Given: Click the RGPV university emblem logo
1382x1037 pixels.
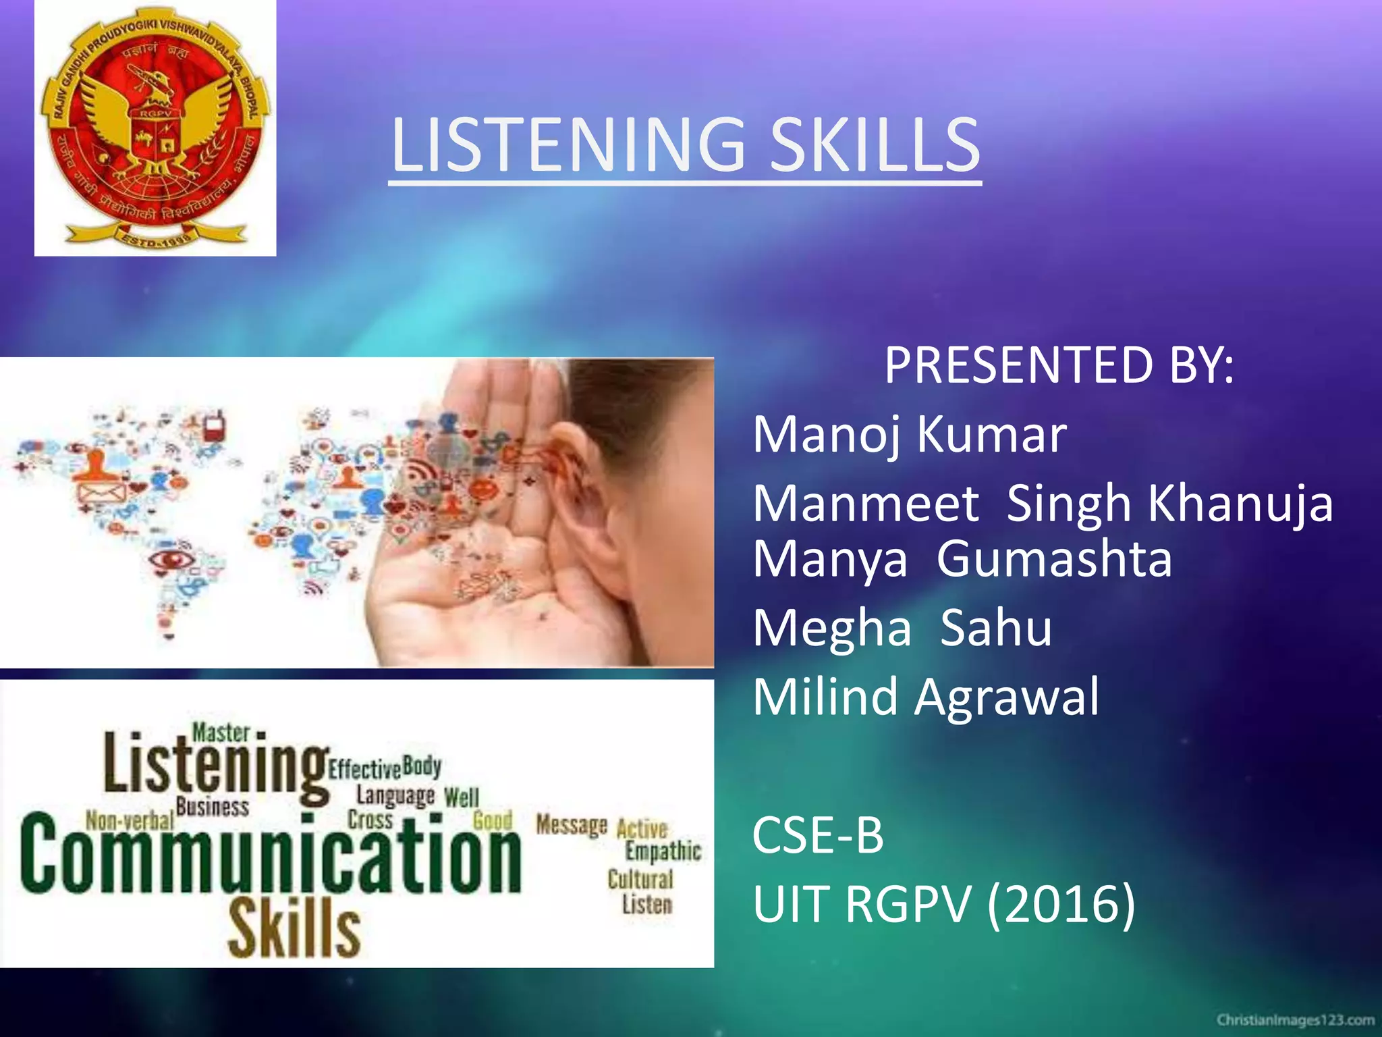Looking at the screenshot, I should (155, 128).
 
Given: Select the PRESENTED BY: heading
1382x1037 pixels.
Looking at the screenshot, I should (1059, 365).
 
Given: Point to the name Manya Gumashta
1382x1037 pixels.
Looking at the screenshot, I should (962, 559).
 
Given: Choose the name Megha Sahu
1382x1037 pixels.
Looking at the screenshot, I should (902, 628).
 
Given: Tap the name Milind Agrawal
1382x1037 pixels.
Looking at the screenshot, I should (926, 697).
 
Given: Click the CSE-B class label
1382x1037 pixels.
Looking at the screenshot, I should (817, 835).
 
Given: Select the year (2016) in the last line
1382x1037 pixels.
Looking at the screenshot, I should (1061, 904).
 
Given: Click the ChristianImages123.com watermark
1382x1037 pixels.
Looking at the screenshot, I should (1296, 1019).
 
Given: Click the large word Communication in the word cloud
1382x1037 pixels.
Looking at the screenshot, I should (270, 854).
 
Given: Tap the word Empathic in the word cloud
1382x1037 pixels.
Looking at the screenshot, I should (663, 851).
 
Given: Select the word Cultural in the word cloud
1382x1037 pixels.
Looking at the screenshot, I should (640, 879).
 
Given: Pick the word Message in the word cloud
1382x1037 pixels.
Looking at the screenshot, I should (572, 824).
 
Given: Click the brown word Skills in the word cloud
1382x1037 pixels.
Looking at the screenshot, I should (294, 928).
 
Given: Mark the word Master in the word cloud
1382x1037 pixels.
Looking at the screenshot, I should (221, 733).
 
